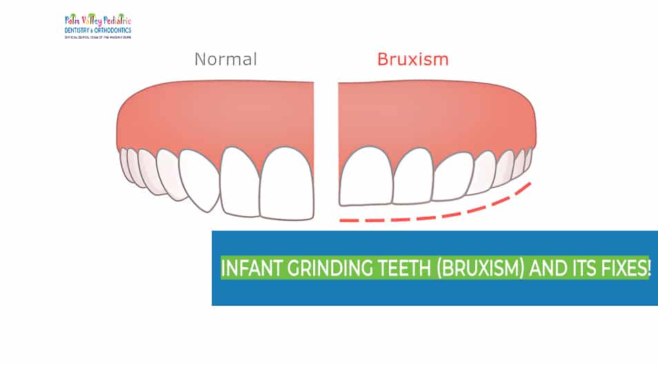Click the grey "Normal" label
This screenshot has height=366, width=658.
(x=226, y=59)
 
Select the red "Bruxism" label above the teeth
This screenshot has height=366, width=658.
(x=412, y=59)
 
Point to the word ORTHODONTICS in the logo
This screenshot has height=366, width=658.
(x=112, y=30)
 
